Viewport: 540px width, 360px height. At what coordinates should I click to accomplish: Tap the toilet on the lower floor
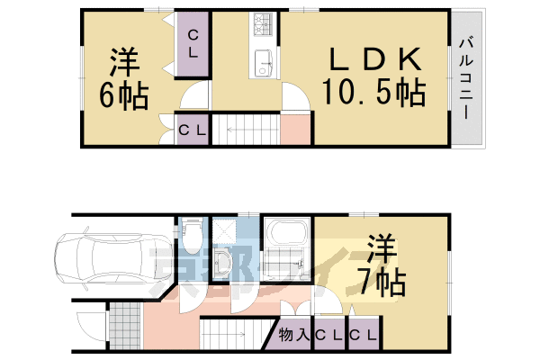tap(190, 237)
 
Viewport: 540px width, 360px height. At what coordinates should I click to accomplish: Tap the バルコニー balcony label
tap(467, 78)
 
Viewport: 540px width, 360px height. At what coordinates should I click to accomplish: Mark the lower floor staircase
tap(236, 337)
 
